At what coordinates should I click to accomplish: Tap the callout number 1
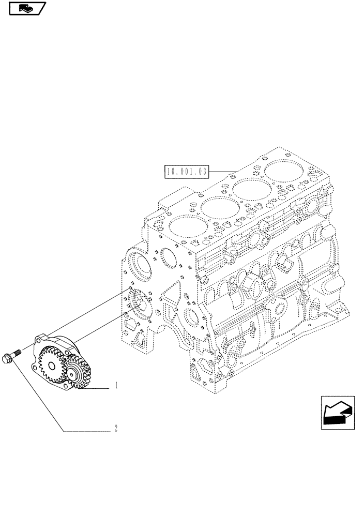[x=117, y=386]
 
